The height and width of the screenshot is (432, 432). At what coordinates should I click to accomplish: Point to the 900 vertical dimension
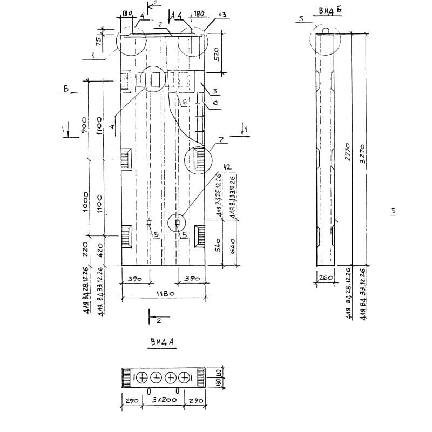pos(85,125)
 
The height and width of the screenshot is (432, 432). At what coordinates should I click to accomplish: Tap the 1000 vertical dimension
pos(85,200)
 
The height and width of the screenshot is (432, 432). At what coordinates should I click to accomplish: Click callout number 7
pos(220,140)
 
